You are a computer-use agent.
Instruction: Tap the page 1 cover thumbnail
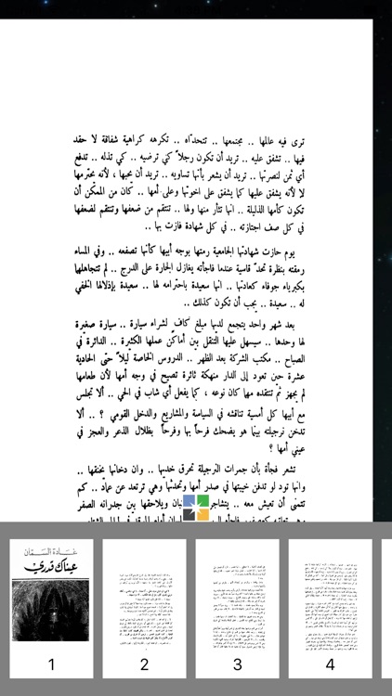51,604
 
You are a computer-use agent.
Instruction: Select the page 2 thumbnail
144,604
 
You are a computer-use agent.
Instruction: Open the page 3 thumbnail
237,604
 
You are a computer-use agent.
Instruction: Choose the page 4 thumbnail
330,604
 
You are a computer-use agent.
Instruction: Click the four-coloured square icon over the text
196,508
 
